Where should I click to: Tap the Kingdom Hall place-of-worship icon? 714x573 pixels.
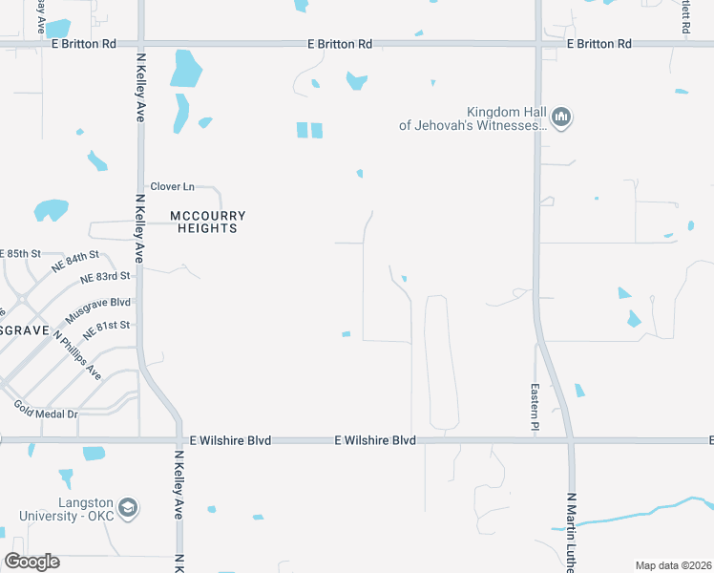click(x=560, y=118)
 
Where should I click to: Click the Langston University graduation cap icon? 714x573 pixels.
click(x=130, y=508)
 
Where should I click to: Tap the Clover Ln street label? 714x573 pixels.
click(x=172, y=186)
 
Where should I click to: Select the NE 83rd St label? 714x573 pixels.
click(x=105, y=277)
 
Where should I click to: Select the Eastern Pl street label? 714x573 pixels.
click(x=535, y=405)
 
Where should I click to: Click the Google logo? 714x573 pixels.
click(x=31, y=562)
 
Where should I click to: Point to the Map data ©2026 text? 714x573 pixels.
click(x=673, y=565)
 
